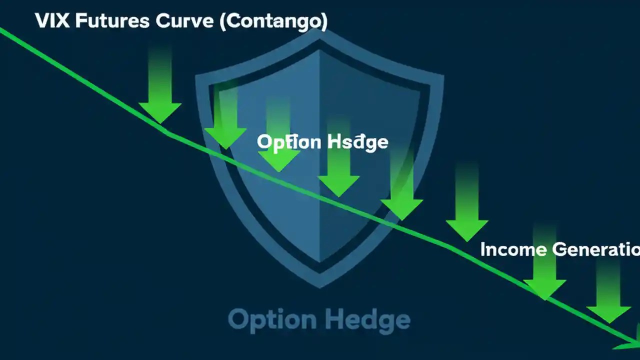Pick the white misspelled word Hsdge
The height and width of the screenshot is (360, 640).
pos(357,142)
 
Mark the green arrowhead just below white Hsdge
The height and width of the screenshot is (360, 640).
pos(338,185)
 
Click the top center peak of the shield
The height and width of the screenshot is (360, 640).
pos(319,31)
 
